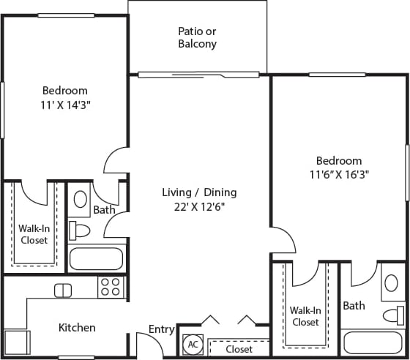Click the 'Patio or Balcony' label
197,37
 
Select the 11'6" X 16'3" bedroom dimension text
338,175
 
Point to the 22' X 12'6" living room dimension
198,206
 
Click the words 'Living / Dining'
198,192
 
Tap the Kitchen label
77,327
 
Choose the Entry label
161,329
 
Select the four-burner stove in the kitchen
111,287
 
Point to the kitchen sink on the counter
63,290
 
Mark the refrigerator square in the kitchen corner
16,342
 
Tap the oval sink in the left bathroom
81,199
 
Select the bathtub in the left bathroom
96,258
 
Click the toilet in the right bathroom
392,315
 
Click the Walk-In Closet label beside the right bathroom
305,316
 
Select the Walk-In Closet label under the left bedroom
34,234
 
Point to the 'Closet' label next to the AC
239,349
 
